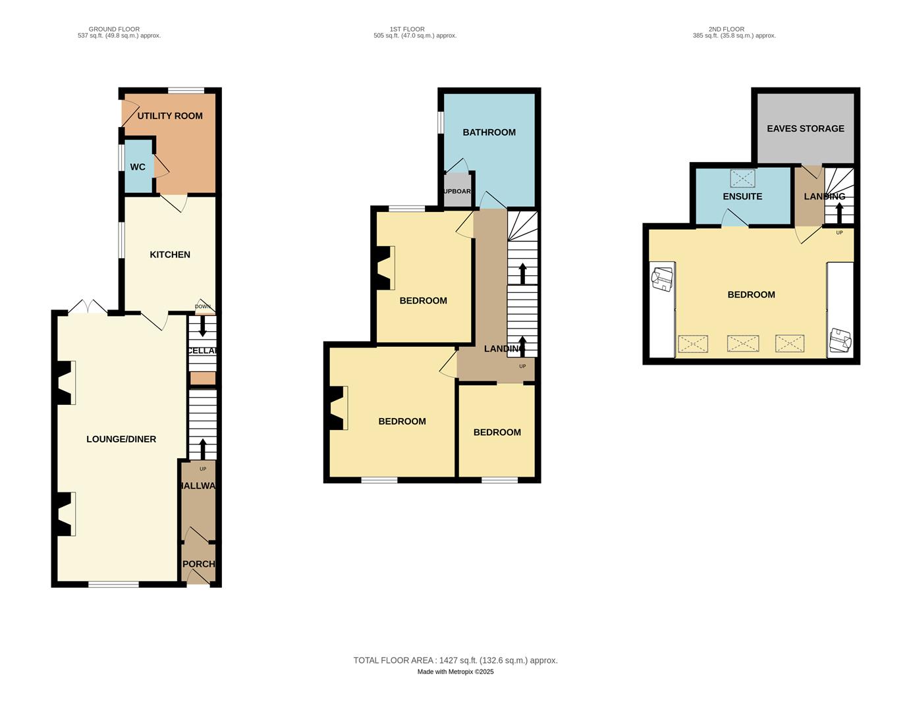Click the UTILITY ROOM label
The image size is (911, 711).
click(x=170, y=116)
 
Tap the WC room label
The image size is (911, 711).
click(x=138, y=167)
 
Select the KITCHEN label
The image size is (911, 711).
click(x=170, y=255)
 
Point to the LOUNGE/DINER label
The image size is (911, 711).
click(x=121, y=439)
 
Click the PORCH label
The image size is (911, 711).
click(x=199, y=564)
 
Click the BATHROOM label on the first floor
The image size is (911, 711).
click(x=489, y=132)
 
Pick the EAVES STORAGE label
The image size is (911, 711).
click(x=805, y=129)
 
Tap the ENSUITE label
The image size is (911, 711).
click(x=742, y=197)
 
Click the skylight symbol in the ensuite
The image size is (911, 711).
click(x=742, y=178)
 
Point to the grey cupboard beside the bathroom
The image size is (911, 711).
click(x=457, y=192)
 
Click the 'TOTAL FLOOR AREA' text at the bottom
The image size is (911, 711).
click(x=455, y=660)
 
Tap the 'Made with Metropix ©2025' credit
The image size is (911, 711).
click(x=455, y=672)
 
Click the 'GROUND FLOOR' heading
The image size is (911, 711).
click(x=114, y=29)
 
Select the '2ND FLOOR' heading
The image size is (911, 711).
click(x=726, y=29)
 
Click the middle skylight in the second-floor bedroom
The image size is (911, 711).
click(x=742, y=344)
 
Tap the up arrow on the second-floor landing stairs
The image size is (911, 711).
click(x=839, y=213)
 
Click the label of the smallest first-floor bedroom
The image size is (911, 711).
click(x=497, y=433)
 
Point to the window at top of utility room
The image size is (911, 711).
click(x=185, y=91)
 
